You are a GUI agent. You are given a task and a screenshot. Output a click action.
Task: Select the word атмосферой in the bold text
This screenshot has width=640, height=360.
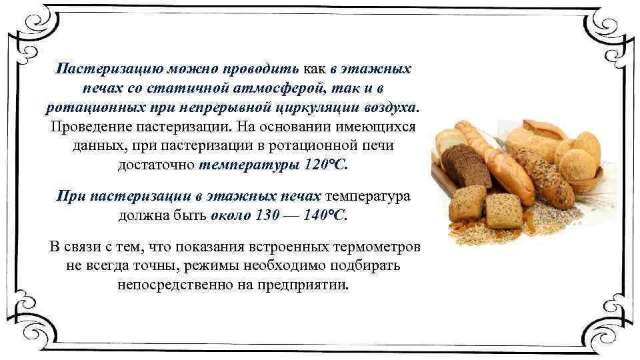(257, 89)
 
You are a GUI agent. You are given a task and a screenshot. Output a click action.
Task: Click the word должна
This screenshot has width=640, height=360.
(141, 216)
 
